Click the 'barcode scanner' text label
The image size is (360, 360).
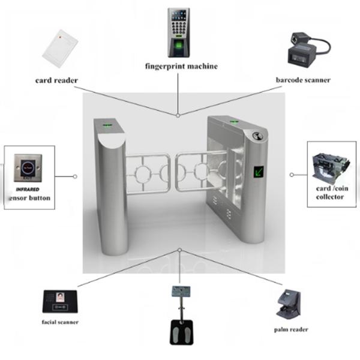point(304,80)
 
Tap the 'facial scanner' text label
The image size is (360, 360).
point(60,322)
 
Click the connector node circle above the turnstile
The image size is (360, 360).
point(178,115)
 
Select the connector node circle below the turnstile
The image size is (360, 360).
point(179,250)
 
